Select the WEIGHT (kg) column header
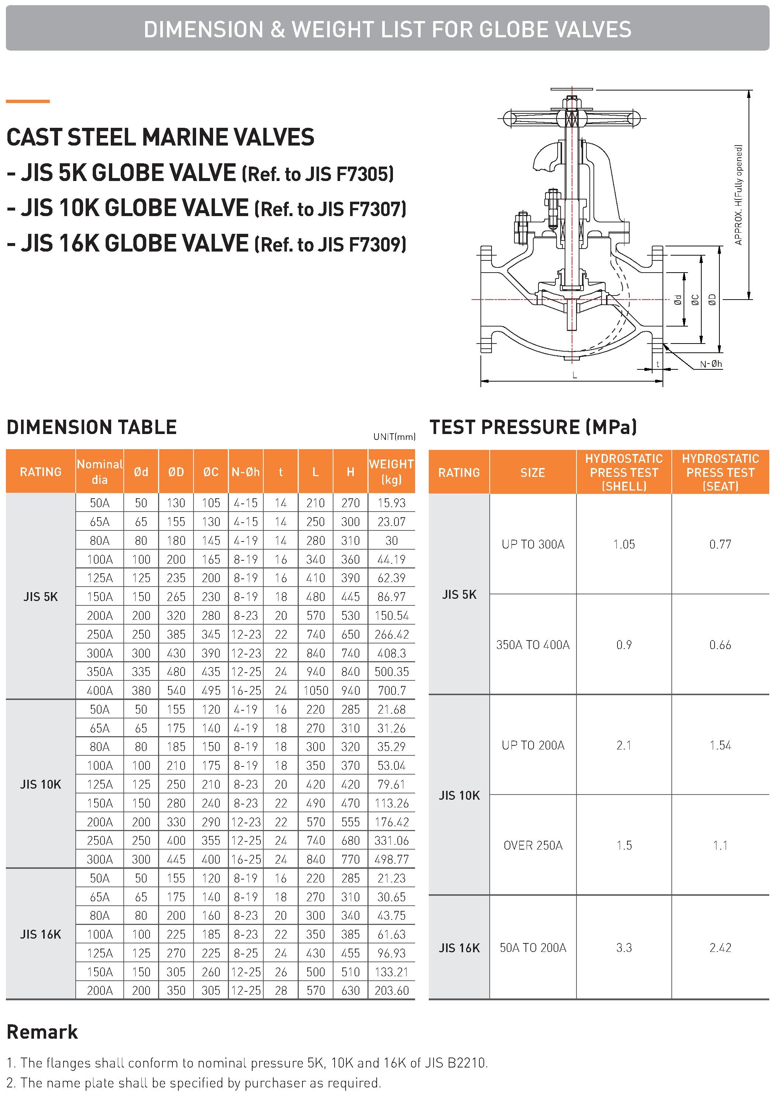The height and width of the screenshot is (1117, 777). coord(391,471)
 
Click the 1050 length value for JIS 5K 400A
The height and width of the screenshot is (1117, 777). coord(315,690)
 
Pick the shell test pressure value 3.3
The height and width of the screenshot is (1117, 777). coord(624,947)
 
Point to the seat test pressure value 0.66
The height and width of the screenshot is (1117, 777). coord(720,645)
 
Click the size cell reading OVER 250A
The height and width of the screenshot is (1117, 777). coord(533,845)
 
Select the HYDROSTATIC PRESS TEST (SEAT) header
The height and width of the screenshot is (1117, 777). coord(720,472)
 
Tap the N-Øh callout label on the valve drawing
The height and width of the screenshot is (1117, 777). coord(711,364)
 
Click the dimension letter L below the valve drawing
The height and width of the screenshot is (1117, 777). coord(575,375)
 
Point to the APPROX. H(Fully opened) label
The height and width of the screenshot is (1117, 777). coord(739,195)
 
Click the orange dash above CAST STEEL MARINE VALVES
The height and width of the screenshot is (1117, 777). coord(28,101)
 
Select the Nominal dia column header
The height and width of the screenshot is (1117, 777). coord(99,471)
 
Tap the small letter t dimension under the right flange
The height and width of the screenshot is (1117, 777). coord(658,364)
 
